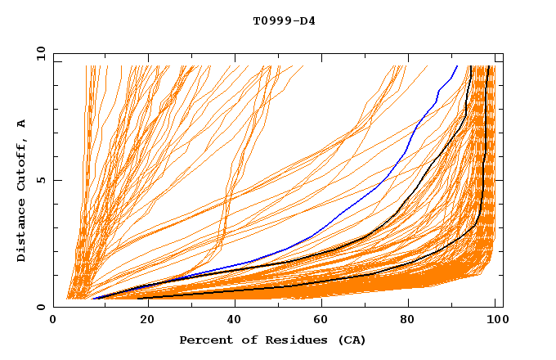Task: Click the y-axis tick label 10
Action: (x=40, y=52)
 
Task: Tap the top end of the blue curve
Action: (x=457, y=65)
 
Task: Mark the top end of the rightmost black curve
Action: (x=487, y=65)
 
